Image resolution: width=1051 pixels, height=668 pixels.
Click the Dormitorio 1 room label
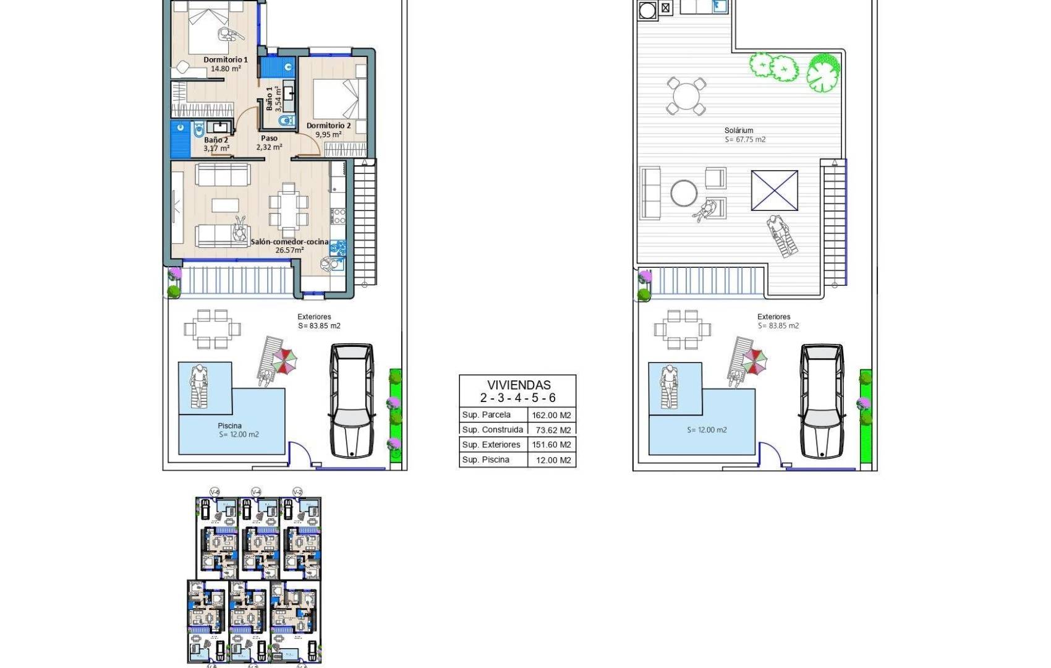(226, 60)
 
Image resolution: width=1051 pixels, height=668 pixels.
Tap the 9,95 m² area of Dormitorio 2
(328, 134)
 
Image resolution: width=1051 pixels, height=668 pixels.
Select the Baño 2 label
(216, 140)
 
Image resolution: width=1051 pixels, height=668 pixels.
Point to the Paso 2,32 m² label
(269, 143)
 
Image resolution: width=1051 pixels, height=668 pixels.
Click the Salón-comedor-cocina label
(289, 242)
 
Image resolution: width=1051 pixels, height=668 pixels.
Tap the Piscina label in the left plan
(229, 426)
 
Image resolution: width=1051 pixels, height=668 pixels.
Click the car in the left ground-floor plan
(351, 401)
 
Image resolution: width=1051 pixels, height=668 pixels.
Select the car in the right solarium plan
(822, 401)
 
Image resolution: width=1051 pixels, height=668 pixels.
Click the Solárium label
(739, 131)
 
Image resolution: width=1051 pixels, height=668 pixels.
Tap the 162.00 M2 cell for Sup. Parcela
(551, 415)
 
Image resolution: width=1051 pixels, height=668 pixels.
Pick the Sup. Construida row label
(492, 430)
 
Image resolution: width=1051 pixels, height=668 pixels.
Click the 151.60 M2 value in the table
(551, 445)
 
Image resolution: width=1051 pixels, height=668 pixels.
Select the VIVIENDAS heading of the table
(518, 385)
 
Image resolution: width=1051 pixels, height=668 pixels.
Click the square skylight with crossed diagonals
(774, 191)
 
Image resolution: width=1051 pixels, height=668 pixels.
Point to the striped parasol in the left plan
(284, 361)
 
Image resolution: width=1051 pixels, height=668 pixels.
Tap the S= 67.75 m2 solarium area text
(745, 140)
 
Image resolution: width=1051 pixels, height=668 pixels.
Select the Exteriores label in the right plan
(773, 317)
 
